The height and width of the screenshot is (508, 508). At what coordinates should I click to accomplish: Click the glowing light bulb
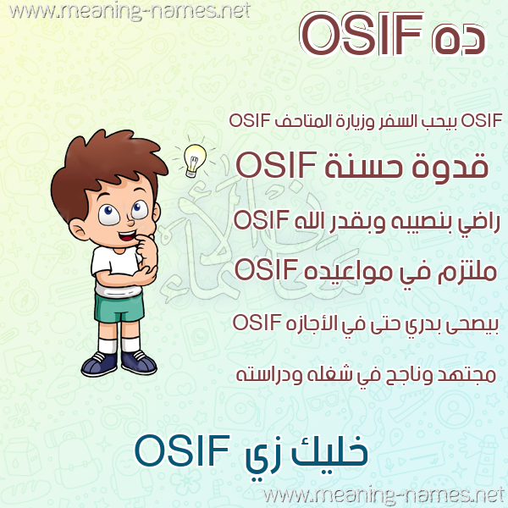[x=195, y=160]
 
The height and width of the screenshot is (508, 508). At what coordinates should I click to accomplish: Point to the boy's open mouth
[x=127, y=235]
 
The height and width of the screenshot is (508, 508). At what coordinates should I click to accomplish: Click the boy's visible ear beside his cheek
[x=78, y=229]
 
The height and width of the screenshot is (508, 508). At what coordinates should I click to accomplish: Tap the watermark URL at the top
[x=130, y=11]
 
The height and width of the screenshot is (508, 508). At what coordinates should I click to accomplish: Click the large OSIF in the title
[x=362, y=35]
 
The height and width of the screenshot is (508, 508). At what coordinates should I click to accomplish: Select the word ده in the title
[x=458, y=41]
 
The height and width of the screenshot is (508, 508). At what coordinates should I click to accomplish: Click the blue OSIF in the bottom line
[x=182, y=450]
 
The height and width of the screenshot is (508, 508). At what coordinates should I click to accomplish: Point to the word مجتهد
[x=467, y=376]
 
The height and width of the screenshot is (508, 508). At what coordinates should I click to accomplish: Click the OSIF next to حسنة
[x=276, y=165]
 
